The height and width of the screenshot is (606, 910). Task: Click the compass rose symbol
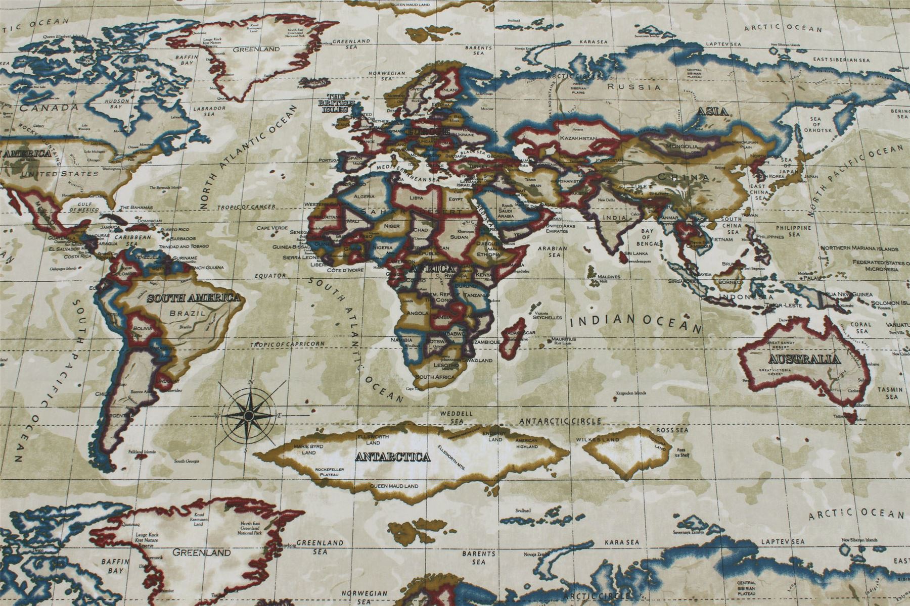coord(248,415)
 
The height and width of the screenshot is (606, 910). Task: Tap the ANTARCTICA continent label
coord(392,458)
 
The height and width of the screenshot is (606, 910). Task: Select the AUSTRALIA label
coord(804,360)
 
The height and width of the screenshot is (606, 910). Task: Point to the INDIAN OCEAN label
coord(636,323)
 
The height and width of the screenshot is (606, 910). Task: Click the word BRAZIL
coord(191,313)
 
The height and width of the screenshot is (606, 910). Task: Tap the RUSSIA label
coord(633,87)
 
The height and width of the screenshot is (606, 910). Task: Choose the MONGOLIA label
coord(682,146)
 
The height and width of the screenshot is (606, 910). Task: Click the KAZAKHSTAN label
coord(578,138)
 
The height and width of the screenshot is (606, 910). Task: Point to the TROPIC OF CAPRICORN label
coord(287,344)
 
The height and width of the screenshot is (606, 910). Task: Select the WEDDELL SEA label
coord(456,417)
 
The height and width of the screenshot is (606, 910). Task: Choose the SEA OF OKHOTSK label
coord(816,125)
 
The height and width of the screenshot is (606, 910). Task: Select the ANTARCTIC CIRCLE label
coord(560,421)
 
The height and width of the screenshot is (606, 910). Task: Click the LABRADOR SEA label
coord(210,111)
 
